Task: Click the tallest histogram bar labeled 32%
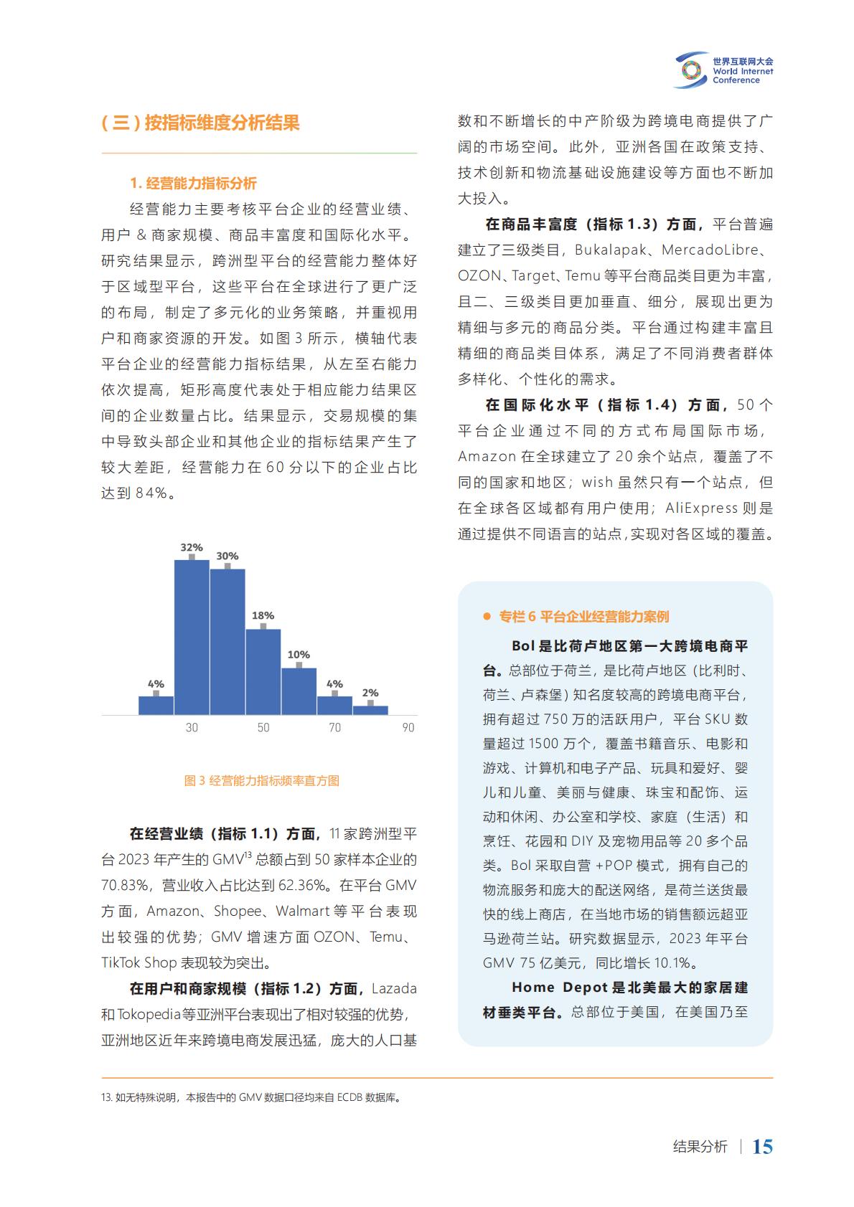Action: click(192, 637)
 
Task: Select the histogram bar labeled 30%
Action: click(227, 642)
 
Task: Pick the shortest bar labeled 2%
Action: click(370, 710)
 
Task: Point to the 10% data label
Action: click(299, 654)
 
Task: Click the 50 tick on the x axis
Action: click(263, 727)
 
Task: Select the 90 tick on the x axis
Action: click(408, 727)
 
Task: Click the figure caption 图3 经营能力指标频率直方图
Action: click(261, 780)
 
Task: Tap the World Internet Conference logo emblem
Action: click(690, 70)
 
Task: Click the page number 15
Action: click(762, 1146)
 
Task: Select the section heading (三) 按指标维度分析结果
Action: click(200, 123)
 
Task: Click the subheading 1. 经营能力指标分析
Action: click(193, 184)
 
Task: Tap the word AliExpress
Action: click(701, 508)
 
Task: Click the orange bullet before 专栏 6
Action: click(487, 616)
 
